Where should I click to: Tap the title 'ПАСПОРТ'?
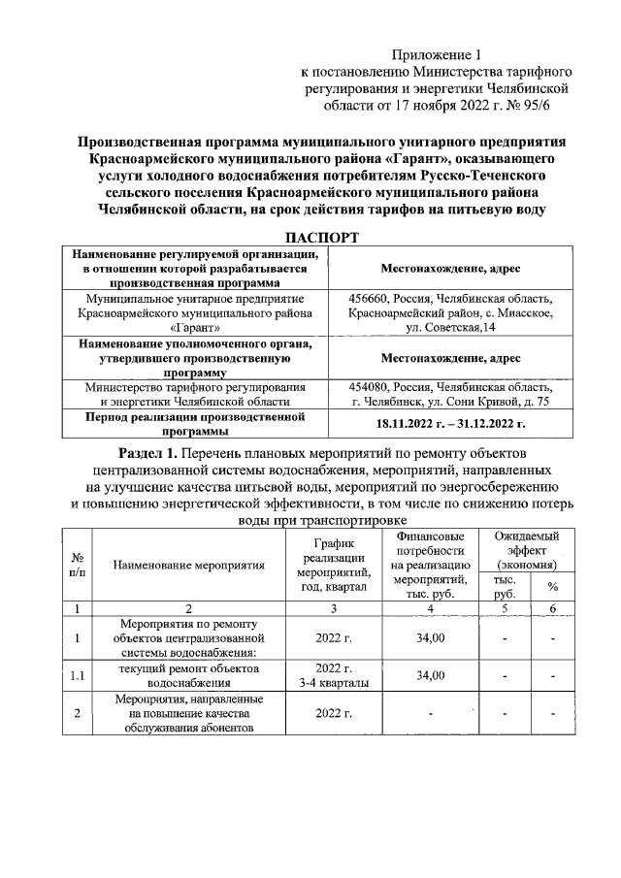(320, 238)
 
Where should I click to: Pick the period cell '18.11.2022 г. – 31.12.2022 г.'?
(451, 424)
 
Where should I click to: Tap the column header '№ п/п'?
(78, 565)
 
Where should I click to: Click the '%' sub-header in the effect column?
(552, 587)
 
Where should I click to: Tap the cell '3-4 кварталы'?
(333, 683)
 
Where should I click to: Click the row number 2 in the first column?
(78, 714)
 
